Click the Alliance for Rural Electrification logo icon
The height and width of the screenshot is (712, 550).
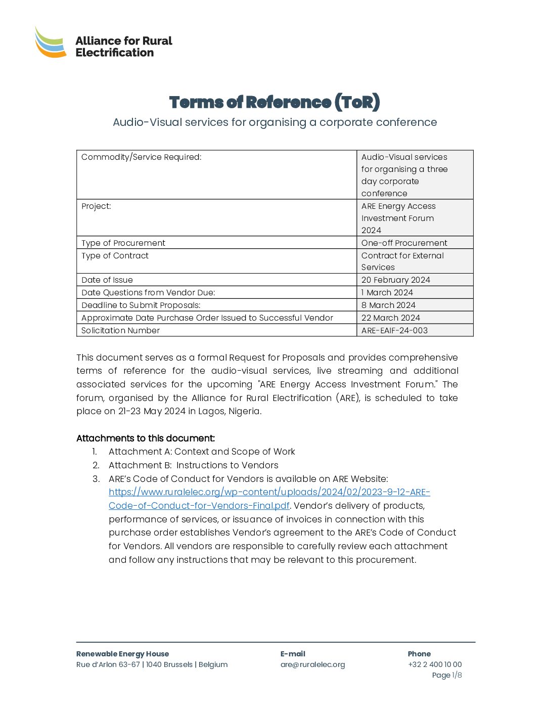[x=51, y=42]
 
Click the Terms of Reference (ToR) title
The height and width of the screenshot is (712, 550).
[x=274, y=102]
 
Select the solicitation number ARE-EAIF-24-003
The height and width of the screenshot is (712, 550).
[x=394, y=330]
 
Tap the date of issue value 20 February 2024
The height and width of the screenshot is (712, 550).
[x=395, y=280]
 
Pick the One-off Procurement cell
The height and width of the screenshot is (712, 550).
[x=404, y=243]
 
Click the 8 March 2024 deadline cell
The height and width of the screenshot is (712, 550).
[x=388, y=305]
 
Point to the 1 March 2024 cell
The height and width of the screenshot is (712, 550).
[x=387, y=292]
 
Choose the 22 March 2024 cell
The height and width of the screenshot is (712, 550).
[x=390, y=318]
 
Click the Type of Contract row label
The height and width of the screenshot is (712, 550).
[x=115, y=255]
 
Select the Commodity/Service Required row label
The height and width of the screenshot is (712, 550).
[x=142, y=157]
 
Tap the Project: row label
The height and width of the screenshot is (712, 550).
[x=96, y=206]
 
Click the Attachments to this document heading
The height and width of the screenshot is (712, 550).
[x=146, y=438]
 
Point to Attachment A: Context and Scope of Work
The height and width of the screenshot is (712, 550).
[x=202, y=452]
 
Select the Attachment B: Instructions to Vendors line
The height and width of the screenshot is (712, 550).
[x=193, y=465]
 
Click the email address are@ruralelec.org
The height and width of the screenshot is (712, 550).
[x=312, y=664]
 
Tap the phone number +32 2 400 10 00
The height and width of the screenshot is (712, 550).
[x=435, y=664]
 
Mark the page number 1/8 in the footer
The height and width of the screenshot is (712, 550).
[x=456, y=675]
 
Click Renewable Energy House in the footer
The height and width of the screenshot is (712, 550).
[x=122, y=654]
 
